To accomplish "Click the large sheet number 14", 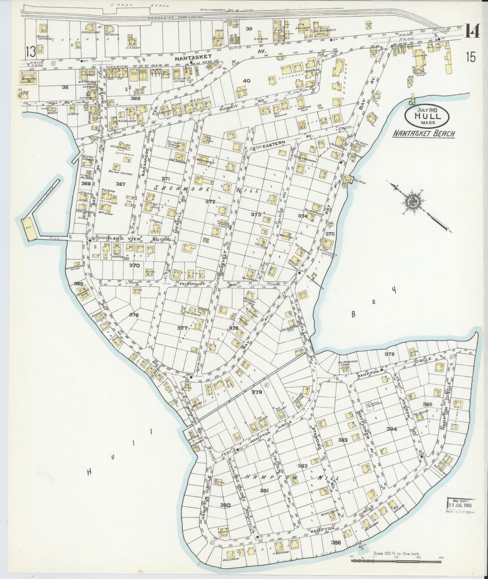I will pos(473,31).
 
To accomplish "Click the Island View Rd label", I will pos(123,239).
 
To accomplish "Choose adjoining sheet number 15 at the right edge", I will pos(471,57).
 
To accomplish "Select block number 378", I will pos(134,315).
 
